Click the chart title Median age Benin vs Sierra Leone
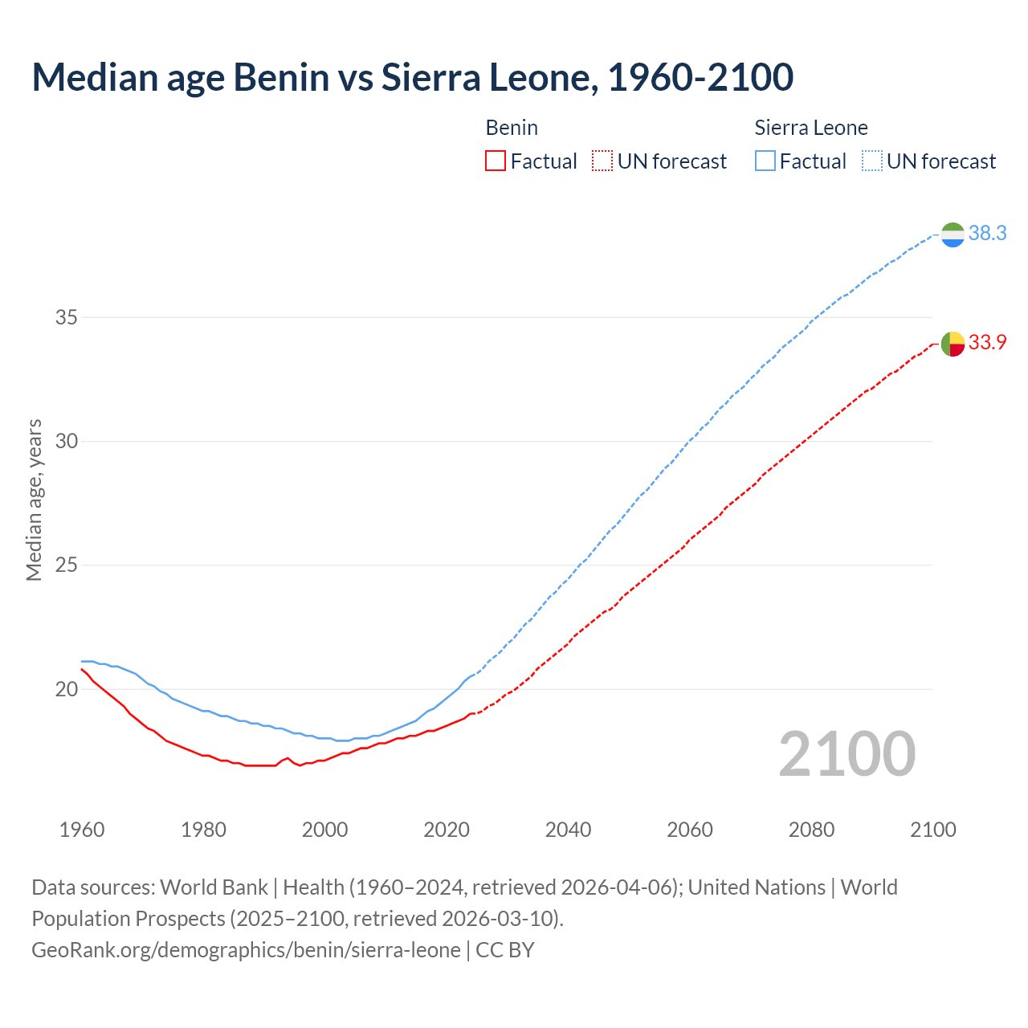click(413, 78)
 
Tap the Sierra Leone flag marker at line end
click(953, 235)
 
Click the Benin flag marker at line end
click(953, 344)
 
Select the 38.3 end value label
click(987, 234)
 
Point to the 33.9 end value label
click(987, 343)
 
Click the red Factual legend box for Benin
click(496, 161)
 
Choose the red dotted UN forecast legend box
click(602, 161)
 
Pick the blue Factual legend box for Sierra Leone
click(765, 161)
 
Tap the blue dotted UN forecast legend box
click(872, 161)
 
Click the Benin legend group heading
click(512, 128)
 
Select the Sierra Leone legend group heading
click(811, 128)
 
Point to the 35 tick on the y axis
click(67, 317)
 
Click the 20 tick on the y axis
click(67, 689)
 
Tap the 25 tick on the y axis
click(67, 565)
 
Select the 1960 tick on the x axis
click(82, 830)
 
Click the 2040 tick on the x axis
click(568, 830)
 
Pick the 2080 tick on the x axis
click(811, 830)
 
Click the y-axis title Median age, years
click(34, 500)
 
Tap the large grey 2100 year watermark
click(847, 754)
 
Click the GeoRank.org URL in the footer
click(246, 950)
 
